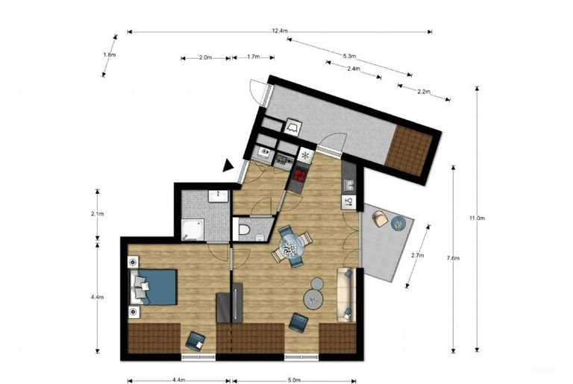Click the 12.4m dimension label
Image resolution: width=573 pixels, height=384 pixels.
click(280, 31)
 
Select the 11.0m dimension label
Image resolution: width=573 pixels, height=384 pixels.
click(477, 218)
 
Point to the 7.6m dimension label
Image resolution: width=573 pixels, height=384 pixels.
click(453, 258)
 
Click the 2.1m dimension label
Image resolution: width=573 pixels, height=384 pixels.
click(96, 214)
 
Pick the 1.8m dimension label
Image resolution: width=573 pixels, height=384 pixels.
click(109, 54)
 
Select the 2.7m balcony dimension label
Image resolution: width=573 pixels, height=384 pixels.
click(418, 255)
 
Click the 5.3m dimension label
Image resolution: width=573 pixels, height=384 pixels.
click(349, 56)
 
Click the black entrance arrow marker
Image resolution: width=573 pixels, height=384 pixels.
click(228, 166)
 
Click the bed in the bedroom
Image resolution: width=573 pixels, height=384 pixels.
click(156, 287)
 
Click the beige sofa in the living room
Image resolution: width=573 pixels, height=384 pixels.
click(345, 294)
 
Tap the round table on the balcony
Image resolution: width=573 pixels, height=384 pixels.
click(399, 223)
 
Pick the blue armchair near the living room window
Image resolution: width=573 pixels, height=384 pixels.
click(298, 322)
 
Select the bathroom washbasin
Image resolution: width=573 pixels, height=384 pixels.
click(218, 195)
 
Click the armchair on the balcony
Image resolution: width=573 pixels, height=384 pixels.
click(381, 218)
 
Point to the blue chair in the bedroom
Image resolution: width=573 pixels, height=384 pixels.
click(195, 341)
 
